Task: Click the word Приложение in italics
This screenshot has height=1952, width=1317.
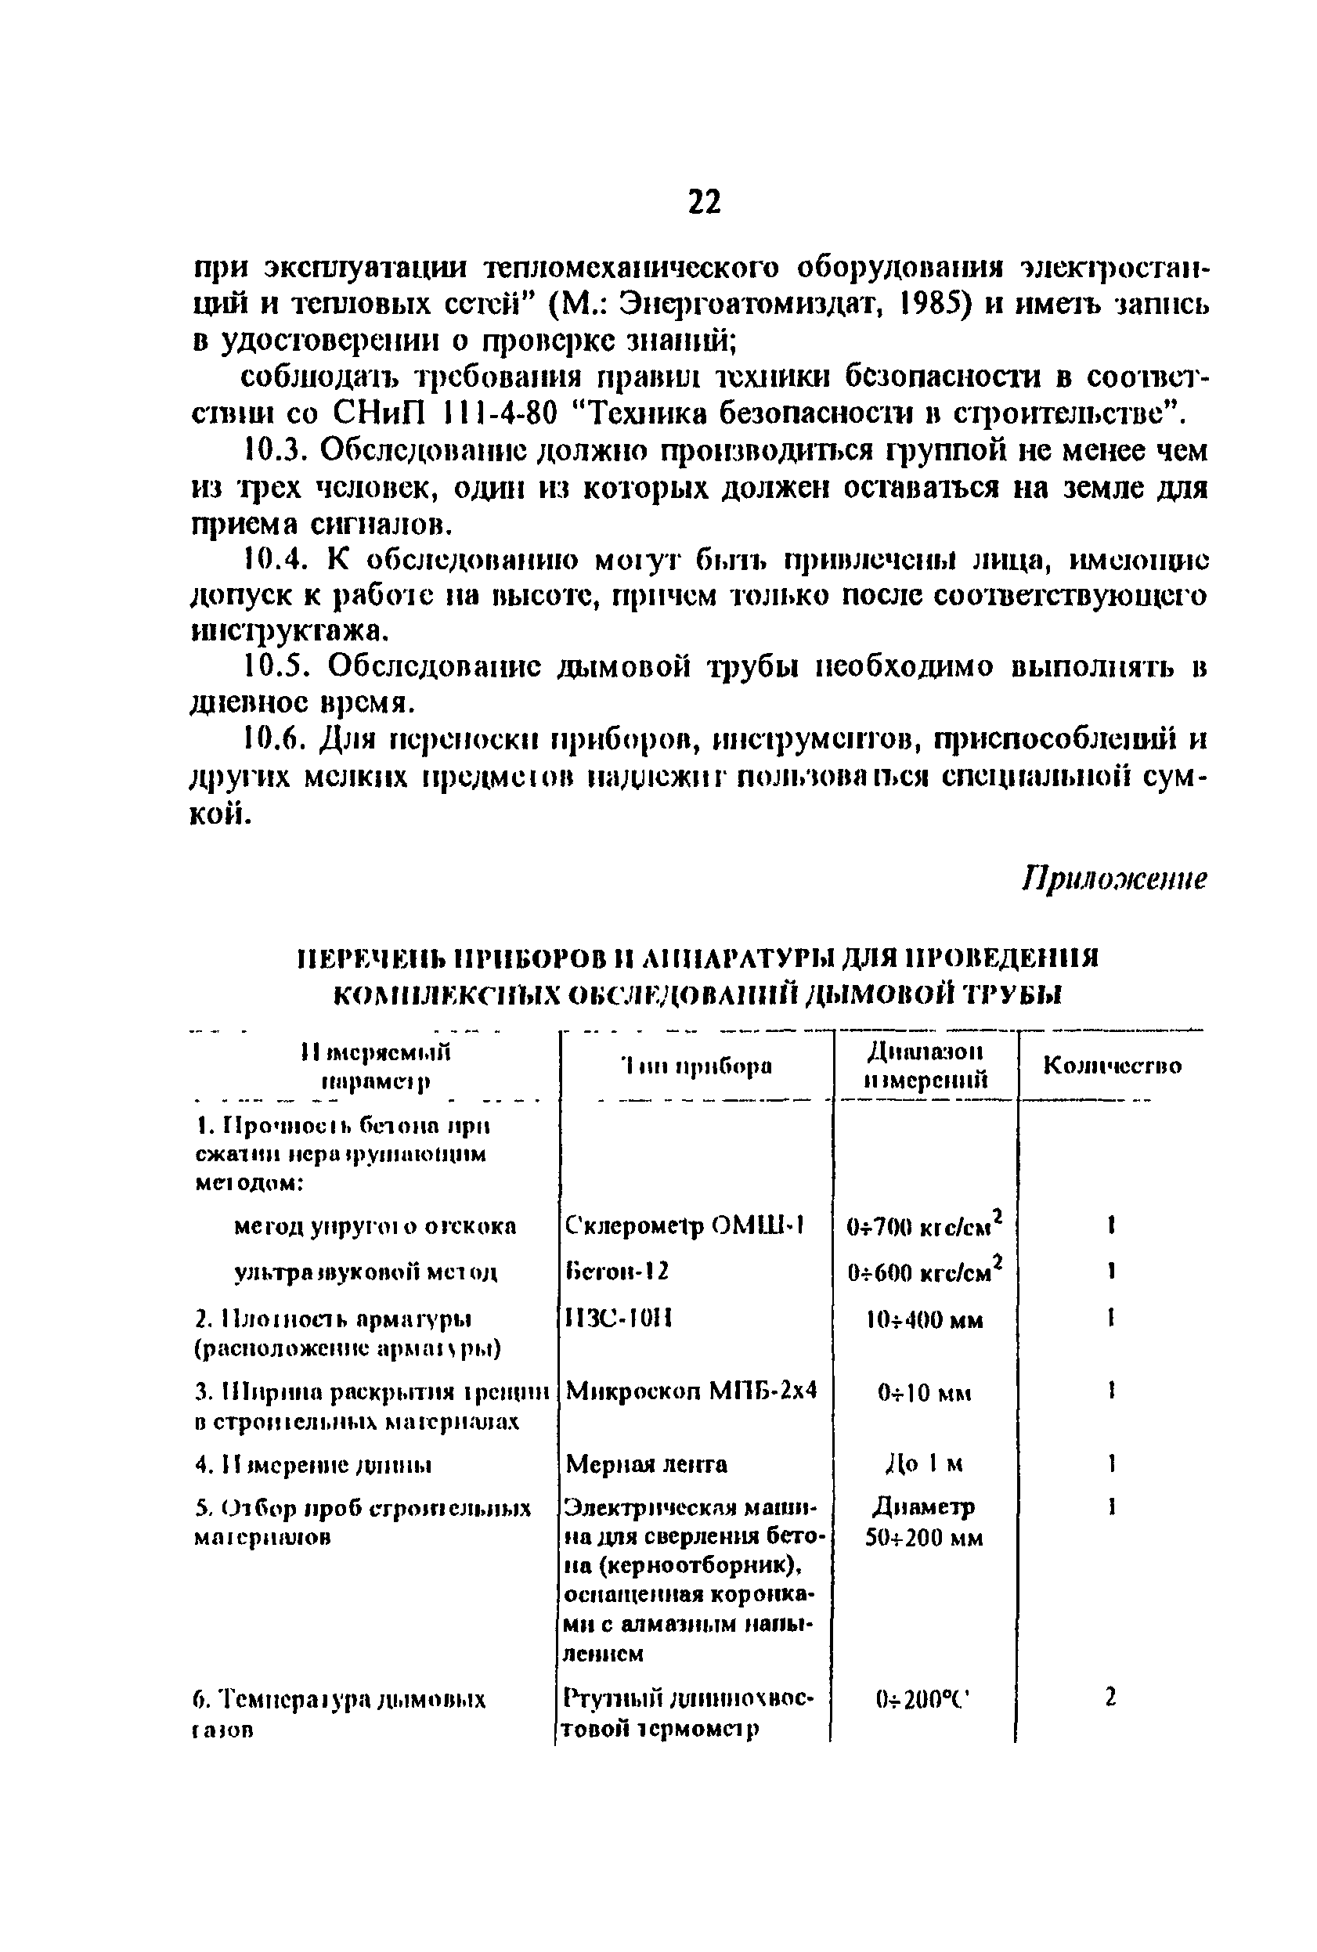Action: pos(1113,879)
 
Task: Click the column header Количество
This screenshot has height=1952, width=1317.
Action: pos(1112,1066)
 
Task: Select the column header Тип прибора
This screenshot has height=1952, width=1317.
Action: pos(696,1066)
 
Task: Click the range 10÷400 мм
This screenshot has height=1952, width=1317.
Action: pos(924,1320)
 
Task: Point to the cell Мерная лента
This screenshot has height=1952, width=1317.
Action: pos(647,1465)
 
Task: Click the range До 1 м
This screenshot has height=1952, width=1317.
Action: pos(924,1465)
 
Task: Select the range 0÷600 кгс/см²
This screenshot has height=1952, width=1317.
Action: pos(924,1272)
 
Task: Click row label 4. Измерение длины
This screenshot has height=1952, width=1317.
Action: pos(313,1466)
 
